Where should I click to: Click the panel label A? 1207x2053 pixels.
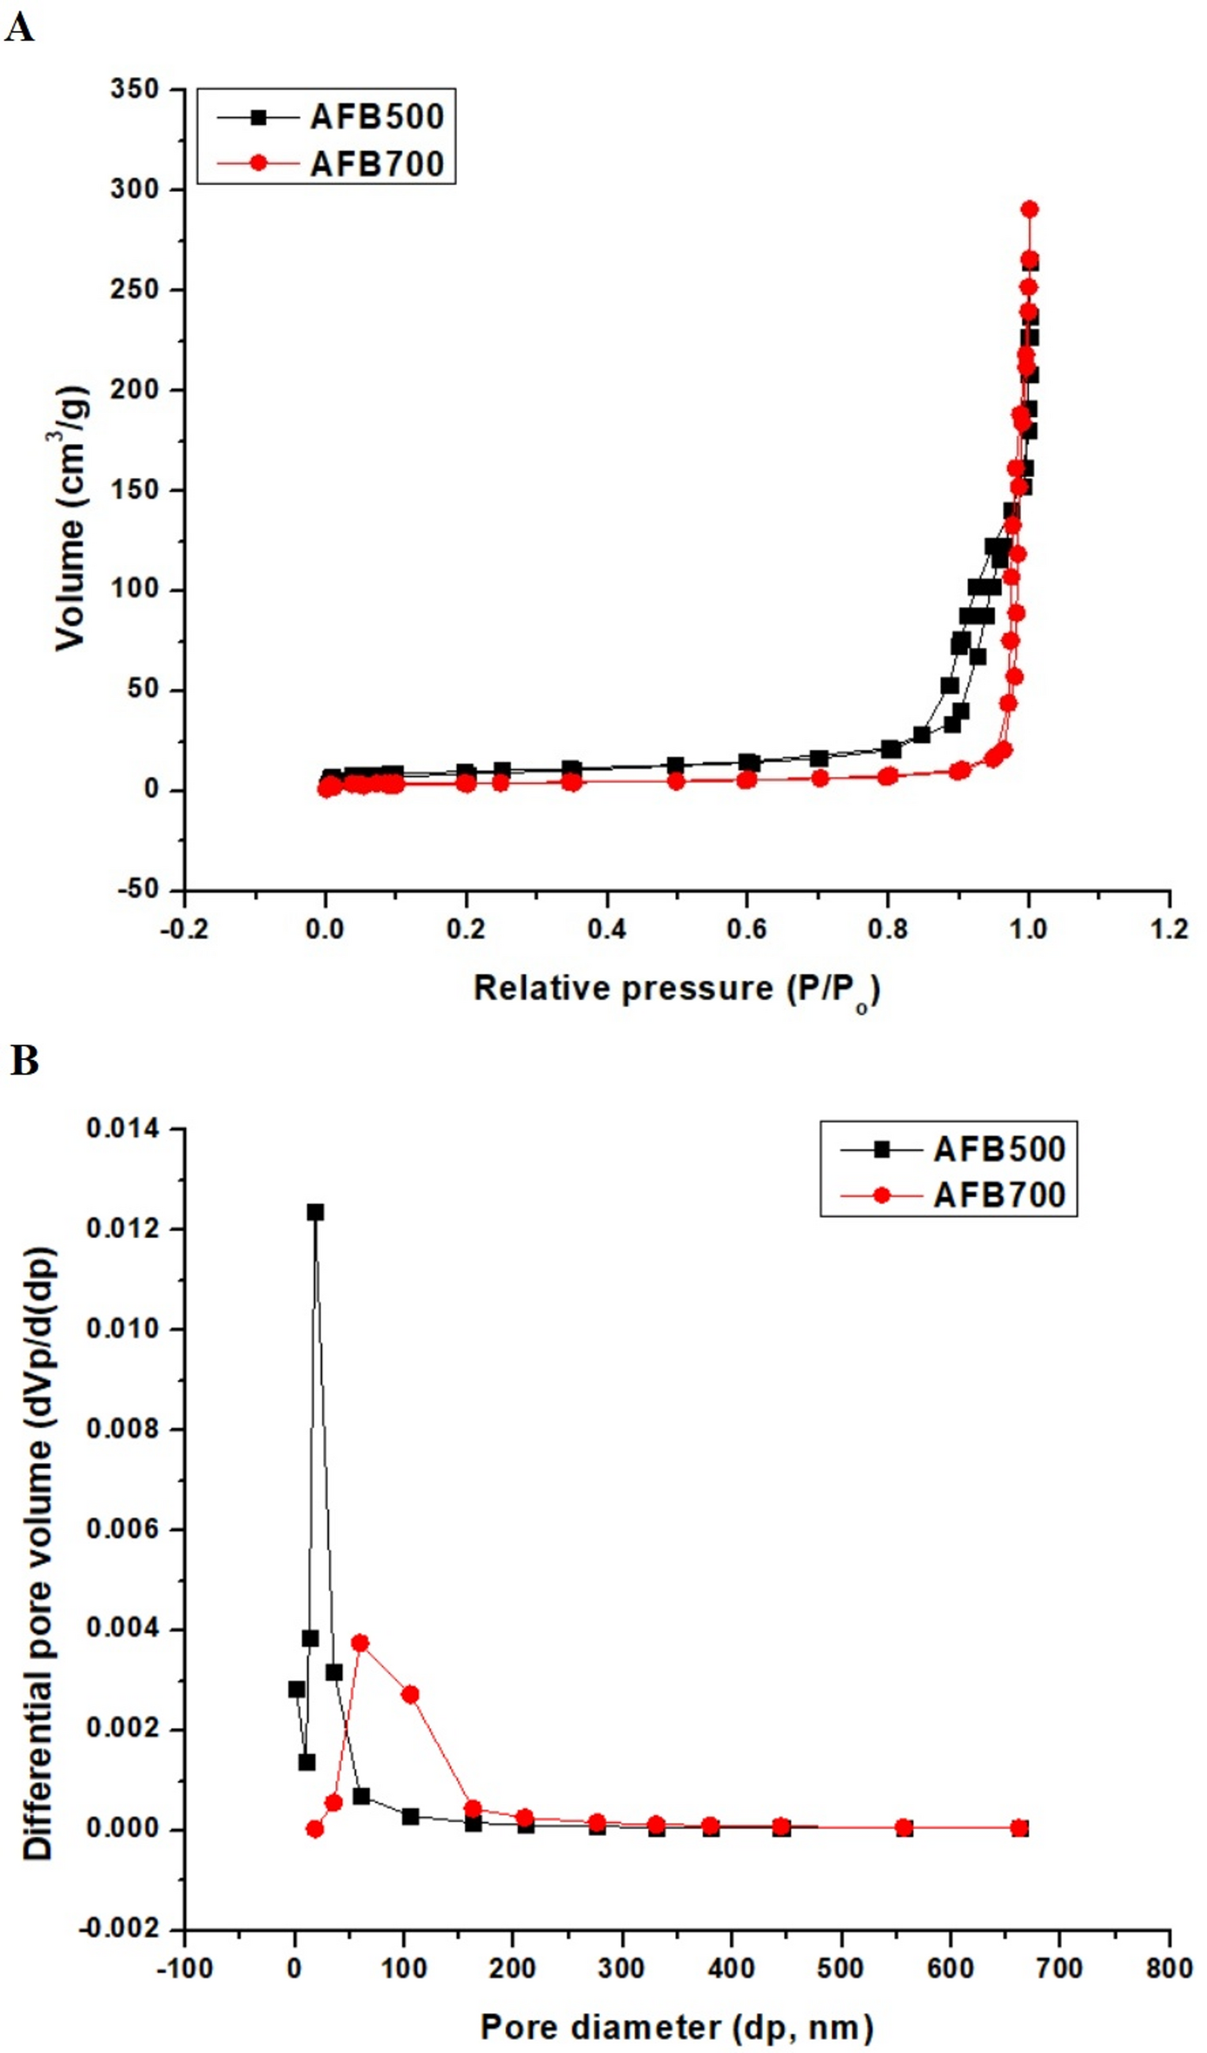(19, 28)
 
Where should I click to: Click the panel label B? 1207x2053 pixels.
(24, 1061)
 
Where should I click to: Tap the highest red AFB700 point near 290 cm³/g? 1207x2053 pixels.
(1030, 209)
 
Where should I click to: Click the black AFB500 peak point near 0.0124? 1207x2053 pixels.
(315, 1212)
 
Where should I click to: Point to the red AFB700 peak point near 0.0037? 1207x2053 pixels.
(360, 1643)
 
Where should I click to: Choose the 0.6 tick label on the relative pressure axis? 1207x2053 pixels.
(747, 930)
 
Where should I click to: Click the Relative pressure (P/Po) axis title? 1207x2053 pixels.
(676, 990)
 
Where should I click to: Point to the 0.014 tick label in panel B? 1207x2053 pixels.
(123, 1129)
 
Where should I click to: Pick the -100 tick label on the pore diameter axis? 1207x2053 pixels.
(184, 1969)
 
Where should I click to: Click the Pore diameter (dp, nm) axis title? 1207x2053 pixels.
(676, 2028)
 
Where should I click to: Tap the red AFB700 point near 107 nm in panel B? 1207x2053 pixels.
(411, 1695)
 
